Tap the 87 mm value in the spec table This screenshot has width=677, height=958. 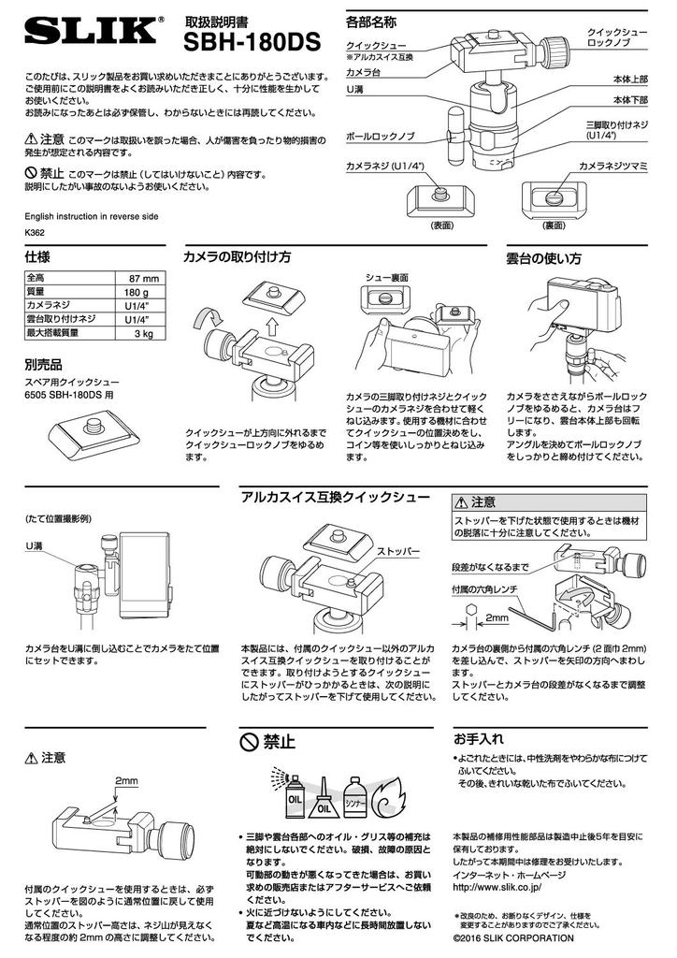144,279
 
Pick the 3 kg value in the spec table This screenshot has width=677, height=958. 144,334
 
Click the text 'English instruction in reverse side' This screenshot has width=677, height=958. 92,216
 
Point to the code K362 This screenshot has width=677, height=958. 35,233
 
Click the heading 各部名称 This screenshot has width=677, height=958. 370,22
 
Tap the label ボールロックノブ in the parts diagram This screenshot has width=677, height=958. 381,137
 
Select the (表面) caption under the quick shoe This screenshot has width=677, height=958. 442,225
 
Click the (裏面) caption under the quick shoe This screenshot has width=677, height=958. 555,225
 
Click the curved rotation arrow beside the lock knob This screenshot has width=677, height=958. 209,318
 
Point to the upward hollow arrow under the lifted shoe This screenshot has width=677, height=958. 272,324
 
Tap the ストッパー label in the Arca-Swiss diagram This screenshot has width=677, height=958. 398,552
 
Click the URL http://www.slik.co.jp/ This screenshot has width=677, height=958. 497,887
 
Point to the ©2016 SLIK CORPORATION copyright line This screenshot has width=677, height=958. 513,937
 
